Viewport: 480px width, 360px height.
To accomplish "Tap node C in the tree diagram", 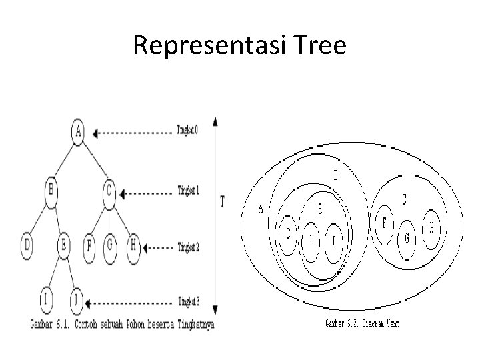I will click(x=109, y=192).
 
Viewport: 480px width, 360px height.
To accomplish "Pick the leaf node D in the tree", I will click(x=27, y=245).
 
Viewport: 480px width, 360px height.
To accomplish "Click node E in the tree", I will click(x=64, y=245).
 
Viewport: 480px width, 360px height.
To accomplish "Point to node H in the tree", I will click(x=133, y=245).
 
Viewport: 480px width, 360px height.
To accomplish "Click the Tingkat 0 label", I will click(x=187, y=130).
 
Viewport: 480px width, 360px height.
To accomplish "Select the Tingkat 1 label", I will click(x=187, y=190).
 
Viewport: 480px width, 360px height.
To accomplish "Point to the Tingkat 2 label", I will click(x=187, y=247).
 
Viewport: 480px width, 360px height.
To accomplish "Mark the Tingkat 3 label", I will click(x=187, y=300).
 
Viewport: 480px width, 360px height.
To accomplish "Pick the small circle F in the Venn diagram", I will click(x=385, y=223).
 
